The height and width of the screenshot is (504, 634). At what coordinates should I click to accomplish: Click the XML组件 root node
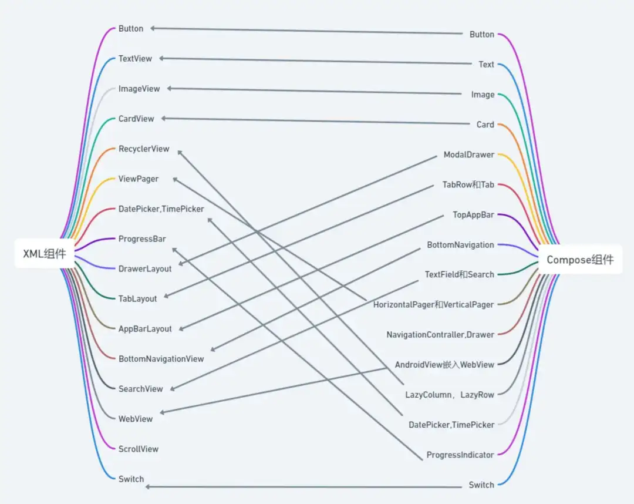pyautogui.click(x=45, y=254)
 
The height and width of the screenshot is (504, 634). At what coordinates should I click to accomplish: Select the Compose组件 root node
pyautogui.click(x=580, y=260)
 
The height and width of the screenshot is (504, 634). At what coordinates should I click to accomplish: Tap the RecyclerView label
pyautogui.click(x=144, y=149)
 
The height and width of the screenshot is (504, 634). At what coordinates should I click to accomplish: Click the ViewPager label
pyautogui.click(x=139, y=179)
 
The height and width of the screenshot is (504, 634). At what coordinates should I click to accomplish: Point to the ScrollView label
pyautogui.click(x=139, y=449)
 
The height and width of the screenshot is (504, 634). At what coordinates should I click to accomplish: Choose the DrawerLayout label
pyautogui.click(x=145, y=269)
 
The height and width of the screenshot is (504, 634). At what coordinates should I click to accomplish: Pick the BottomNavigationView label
pyautogui.click(x=161, y=359)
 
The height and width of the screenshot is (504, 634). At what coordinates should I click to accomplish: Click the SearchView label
pyautogui.click(x=140, y=389)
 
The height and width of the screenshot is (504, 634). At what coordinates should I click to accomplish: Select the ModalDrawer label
pyautogui.click(x=468, y=154)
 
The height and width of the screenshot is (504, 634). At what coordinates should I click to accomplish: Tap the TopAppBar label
pyautogui.click(x=473, y=215)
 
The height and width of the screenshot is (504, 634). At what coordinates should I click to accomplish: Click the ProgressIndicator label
pyautogui.click(x=460, y=455)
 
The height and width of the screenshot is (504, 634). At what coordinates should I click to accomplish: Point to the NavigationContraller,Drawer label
pyautogui.click(x=440, y=335)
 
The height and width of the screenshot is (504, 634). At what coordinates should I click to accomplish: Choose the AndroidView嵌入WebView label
pyautogui.click(x=444, y=365)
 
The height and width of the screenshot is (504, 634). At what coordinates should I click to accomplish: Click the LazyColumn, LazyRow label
pyautogui.click(x=450, y=395)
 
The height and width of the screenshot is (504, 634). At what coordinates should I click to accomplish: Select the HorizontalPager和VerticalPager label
pyautogui.click(x=433, y=305)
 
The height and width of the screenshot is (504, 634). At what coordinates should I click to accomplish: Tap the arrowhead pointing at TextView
pyautogui.click(x=161, y=58)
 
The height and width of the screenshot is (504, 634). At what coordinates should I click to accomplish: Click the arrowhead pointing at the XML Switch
pyautogui.click(x=147, y=486)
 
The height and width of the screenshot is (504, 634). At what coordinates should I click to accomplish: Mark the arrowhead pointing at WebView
pyautogui.click(x=162, y=412)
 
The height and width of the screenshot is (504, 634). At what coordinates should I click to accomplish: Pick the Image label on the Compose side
pyautogui.click(x=483, y=95)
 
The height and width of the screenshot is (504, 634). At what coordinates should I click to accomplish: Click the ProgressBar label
pyautogui.click(x=142, y=239)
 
